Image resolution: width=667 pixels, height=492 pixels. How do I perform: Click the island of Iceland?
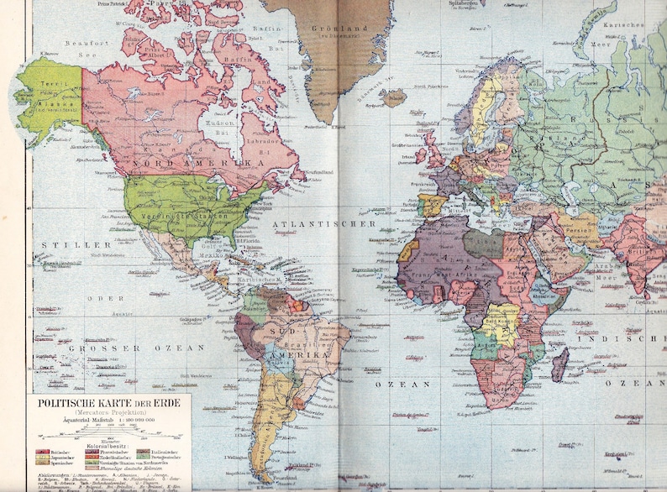tap(392, 98)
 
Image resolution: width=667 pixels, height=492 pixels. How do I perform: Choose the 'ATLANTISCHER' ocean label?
tap(323, 225)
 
